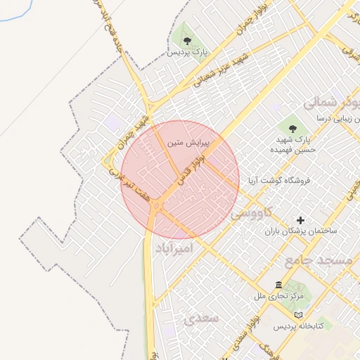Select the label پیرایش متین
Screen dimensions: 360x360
point(186,143)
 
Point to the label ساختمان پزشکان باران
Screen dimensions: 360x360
point(302,231)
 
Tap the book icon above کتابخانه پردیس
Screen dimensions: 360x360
point(300,314)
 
